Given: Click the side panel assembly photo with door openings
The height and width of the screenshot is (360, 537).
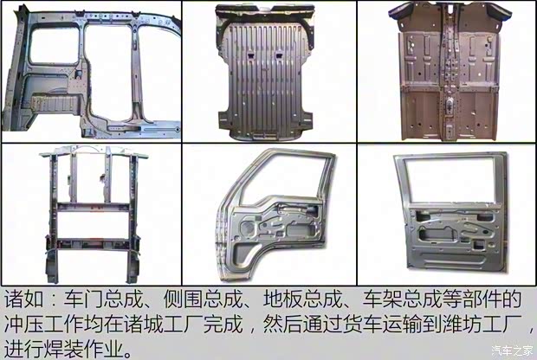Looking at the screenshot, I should (x=91, y=71).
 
